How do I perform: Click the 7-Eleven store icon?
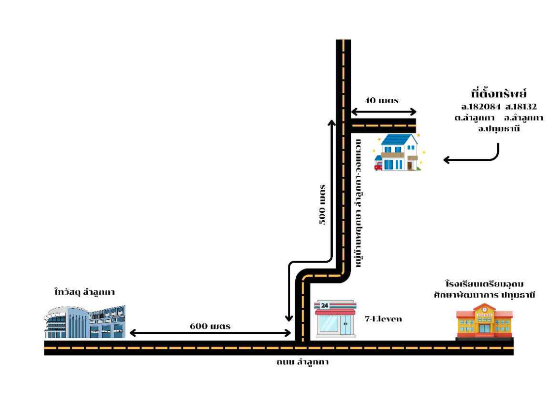point(335,318)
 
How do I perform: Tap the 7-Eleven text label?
point(383,319)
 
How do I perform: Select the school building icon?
point(484,321)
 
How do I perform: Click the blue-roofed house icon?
point(397,152)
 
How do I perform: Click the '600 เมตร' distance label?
point(210,326)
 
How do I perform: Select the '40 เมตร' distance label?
point(382,100)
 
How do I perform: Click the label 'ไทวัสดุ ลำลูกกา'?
point(84,292)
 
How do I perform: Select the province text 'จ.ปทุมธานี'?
point(499,129)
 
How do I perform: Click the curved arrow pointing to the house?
point(473,157)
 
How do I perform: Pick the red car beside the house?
point(378,166)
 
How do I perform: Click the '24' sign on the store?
point(324,306)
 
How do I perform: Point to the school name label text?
point(483,289)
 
